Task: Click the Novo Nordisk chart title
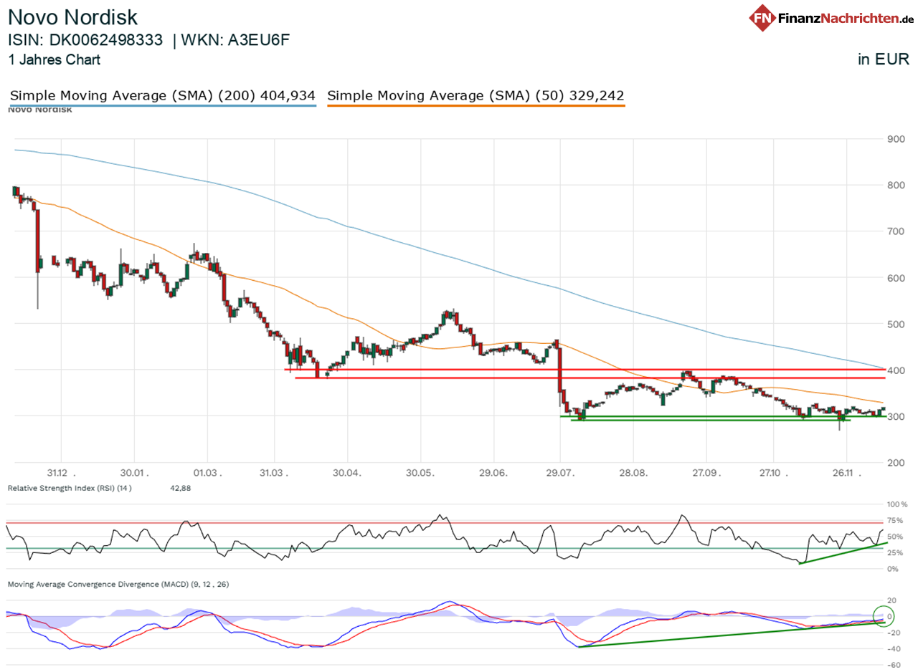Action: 72,16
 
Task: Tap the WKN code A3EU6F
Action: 259,40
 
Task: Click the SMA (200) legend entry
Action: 163,95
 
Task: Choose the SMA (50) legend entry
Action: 475,95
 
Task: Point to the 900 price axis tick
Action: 895,139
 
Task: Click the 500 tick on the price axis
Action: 895,324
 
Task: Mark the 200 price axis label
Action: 895,463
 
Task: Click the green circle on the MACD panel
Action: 886,615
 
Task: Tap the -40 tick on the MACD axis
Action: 894,649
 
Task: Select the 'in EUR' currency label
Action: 883,60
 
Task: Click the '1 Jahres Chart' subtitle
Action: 55,60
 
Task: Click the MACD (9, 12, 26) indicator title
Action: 118,585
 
